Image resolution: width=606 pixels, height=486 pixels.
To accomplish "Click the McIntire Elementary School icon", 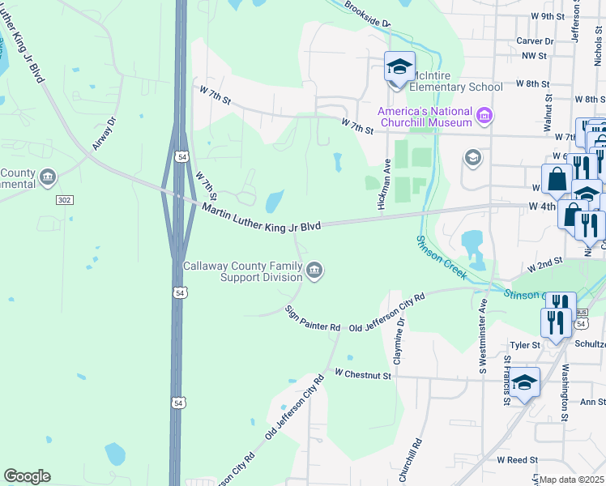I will click(x=399, y=66).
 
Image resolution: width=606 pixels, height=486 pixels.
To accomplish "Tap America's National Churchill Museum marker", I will click(x=484, y=117).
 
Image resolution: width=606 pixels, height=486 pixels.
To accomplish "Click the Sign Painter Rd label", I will click(x=313, y=318).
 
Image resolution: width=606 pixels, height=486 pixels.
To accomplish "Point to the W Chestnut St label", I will click(x=363, y=374).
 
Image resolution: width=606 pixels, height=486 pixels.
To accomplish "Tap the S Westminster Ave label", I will click(x=482, y=336).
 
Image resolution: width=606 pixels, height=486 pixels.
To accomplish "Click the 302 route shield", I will click(x=66, y=199).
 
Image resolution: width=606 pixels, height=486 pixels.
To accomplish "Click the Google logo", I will click(x=27, y=476).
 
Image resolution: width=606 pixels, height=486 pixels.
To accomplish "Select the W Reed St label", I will click(x=513, y=459).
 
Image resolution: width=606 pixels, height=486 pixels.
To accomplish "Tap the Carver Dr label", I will click(x=535, y=40).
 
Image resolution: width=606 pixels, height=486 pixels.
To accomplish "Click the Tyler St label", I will click(x=525, y=345).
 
